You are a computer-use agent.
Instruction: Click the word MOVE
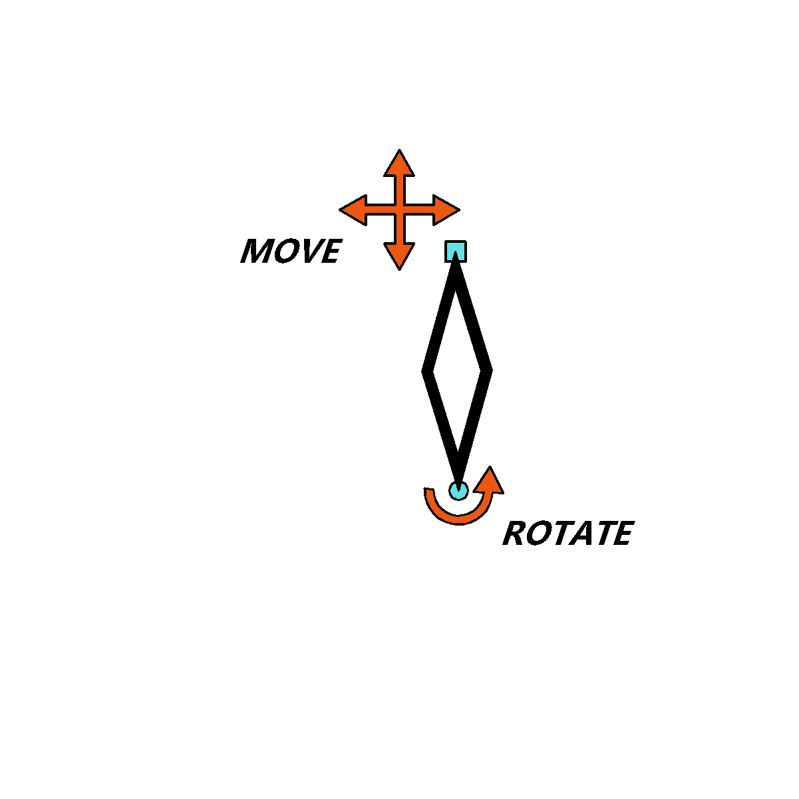click(x=291, y=251)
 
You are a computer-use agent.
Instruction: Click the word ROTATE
click(x=568, y=533)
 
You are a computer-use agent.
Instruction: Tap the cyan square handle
click(x=455, y=251)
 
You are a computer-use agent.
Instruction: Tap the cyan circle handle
click(x=458, y=490)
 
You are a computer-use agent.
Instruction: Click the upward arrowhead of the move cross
click(x=399, y=164)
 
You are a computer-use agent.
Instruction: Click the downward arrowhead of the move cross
click(x=399, y=256)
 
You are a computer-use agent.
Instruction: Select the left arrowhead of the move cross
click(x=354, y=210)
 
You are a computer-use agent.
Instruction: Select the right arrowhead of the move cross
click(x=446, y=210)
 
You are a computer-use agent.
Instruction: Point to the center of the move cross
click(x=399, y=210)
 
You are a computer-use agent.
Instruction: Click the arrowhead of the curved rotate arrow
click(x=489, y=481)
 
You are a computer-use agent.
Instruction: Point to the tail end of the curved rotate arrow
click(x=428, y=490)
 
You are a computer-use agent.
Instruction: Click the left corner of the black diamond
click(x=423, y=371)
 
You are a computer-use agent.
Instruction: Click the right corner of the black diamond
click(x=490, y=371)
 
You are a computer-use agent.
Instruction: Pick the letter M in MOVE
click(x=255, y=251)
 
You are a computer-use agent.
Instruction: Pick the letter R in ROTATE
click(x=514, y=533)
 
